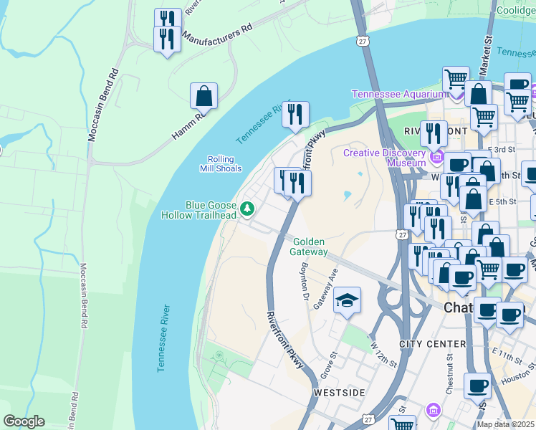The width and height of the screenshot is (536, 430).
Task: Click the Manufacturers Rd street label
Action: click(218, 32)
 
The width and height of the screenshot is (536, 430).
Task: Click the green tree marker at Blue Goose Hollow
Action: click(247, 209)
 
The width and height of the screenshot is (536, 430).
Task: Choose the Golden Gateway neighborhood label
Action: click(310, 247)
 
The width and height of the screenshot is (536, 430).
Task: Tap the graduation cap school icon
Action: click(347, 300)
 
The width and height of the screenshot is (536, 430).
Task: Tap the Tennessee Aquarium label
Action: click(397, 94)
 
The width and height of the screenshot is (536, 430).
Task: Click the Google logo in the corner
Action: click(24, 421)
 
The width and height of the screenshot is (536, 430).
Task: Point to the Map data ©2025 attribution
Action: click(505, 424)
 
